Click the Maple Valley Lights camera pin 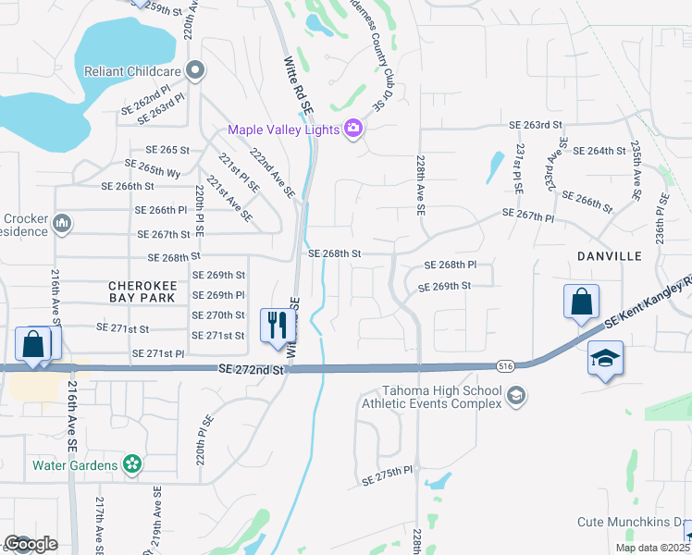click(352, 129)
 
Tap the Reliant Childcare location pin click(195, 71)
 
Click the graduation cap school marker click(605, 358)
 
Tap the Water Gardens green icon click(132, 462)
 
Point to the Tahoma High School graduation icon click(517, 397)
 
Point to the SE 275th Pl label click(386, 472)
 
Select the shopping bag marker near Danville click(581, 301)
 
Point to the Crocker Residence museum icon click(63, 223)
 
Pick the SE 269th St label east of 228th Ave click(445, 286)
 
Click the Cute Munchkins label click(633, 522)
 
